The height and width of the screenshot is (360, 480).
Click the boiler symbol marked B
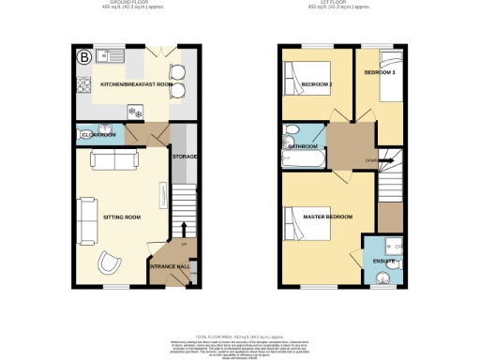click(x=84, y=56)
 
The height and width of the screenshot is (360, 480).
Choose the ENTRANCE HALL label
click(x=170, y=267)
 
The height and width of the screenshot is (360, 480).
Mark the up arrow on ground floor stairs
click(x=184, y=228)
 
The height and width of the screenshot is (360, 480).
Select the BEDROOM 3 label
click(x=379, y=72)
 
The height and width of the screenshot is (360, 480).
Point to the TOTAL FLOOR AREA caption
click(x=239, y=335)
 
